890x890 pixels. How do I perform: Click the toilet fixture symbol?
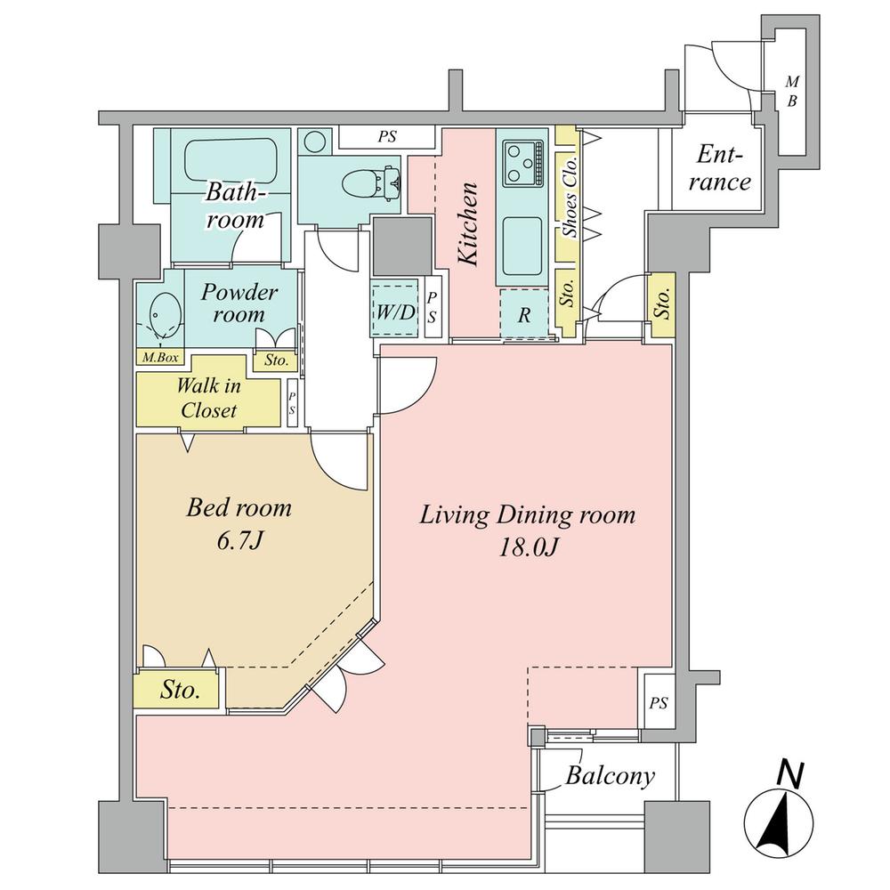coord(372,182)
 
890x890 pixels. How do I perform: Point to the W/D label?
coord(395,311)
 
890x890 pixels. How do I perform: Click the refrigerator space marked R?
coord(524,315)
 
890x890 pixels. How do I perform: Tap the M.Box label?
coord(160,357)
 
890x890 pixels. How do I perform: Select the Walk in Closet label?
coord(208,397)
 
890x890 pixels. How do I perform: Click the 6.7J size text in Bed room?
coord(239,541)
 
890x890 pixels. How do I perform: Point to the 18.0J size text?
coord(529,547)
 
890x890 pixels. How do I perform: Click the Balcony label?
coord(610,776)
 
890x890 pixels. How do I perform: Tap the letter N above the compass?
coord(790,775)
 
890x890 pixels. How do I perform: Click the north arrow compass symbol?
coord(779,825)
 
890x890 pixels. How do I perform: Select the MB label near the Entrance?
coord(792,92)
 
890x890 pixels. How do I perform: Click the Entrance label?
coord(720,168)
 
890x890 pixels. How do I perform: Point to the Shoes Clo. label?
coord(570,196)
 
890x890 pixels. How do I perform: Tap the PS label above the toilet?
coord(388,137)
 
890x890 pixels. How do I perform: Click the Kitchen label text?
coord(469,223)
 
